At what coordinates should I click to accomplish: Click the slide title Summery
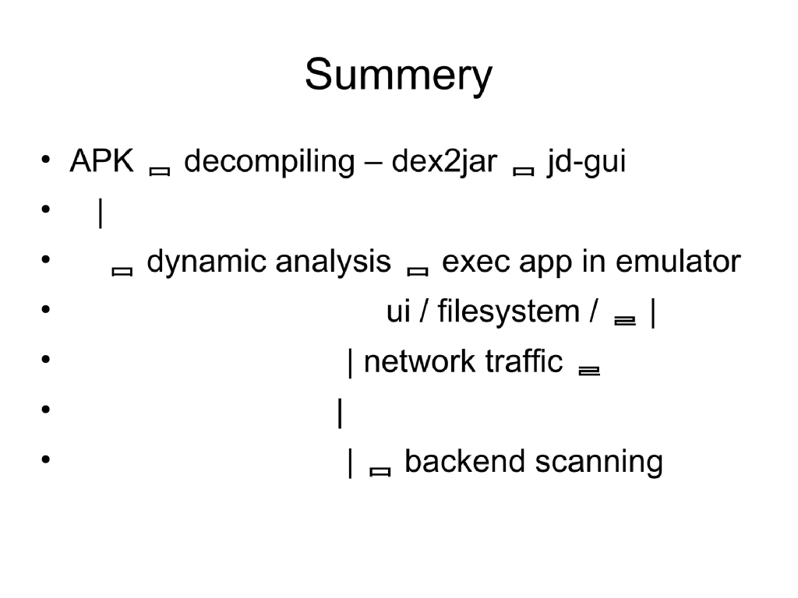pos(398,76)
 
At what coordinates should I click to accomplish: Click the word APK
pos(102,162)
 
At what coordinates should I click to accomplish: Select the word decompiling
pos(269,162)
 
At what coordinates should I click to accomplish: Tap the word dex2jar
pos(443,162)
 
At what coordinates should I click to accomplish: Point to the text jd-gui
pos(586,162)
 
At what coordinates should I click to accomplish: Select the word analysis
pos(333,262)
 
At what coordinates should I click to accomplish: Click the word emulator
pos(678,262)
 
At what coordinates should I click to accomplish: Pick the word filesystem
pos(508,312)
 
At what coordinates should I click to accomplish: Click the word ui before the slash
pos(398,312)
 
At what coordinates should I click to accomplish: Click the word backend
pos(465,462)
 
